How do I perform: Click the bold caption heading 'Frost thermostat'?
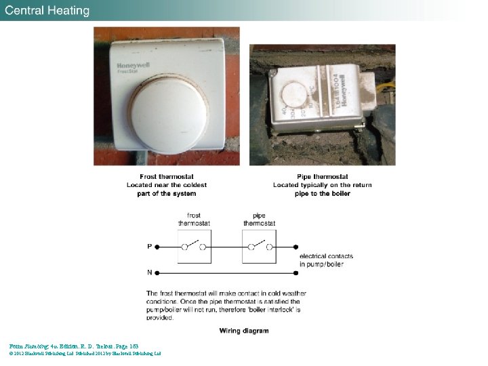167,177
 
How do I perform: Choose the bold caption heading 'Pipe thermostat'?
323,177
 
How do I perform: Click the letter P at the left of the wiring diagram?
149,247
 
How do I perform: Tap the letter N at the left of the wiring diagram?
149,272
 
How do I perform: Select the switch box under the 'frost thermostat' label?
194,247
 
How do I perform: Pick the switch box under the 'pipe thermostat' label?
259,247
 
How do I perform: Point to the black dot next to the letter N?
157,272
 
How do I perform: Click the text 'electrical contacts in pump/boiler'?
325,260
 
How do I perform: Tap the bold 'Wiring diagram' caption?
244,331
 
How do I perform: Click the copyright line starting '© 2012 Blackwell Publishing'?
85,353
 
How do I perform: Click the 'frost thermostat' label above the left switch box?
194,219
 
